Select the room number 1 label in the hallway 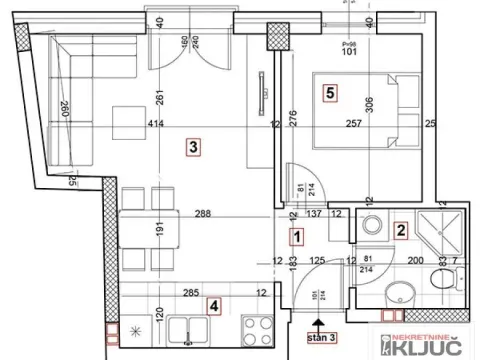click(296, 237)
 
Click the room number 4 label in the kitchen click(213, 306)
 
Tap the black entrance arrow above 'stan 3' click(318, 323)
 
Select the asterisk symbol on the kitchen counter click(136, 330)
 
